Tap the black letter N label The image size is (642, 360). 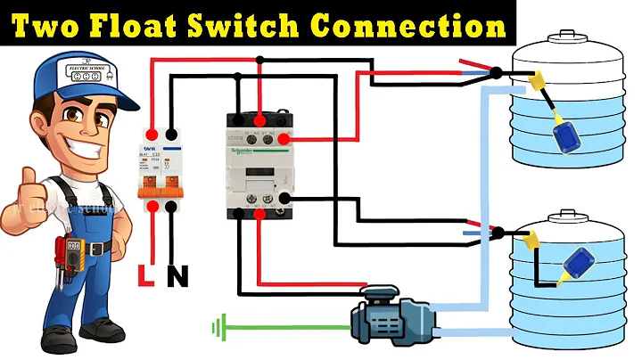click(x=178, y=277)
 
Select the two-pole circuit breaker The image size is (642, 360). click(x=160, y=169)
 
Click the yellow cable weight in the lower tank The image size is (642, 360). click(x=533, y=239)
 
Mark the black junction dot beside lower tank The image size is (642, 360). click(x=497, y=233)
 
